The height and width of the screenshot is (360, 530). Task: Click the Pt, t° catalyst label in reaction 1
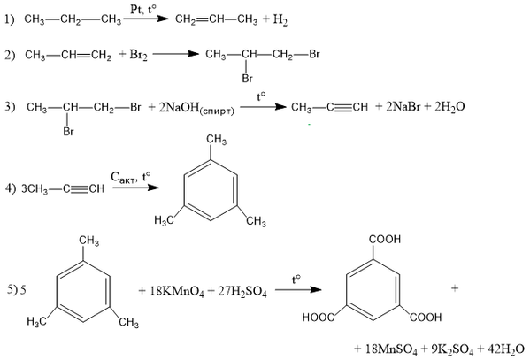tap(143, 9)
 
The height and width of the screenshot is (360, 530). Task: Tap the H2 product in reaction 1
tap(280, 20)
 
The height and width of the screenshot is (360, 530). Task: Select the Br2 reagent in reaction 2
tap(139, 55)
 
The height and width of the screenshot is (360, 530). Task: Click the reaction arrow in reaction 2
tap(175, 54)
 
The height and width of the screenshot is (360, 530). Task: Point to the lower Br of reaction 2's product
tap(248, 79)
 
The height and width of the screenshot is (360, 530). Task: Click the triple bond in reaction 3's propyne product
tap(343, 108)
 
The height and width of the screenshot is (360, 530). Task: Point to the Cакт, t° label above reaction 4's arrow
tap(130, 177)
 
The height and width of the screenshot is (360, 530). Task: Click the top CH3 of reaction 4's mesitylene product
tap(217, 140)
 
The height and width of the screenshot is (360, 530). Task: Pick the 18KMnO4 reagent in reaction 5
tap(177, 291)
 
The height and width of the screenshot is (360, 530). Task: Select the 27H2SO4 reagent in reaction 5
tap(242, 291)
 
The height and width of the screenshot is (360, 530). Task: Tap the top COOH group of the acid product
tap(385, 240)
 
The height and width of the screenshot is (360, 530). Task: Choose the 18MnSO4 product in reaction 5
tap(391, 349)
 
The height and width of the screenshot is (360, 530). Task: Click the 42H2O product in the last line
tap(506, 349)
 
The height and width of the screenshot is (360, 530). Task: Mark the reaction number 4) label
tap(10, 188)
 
